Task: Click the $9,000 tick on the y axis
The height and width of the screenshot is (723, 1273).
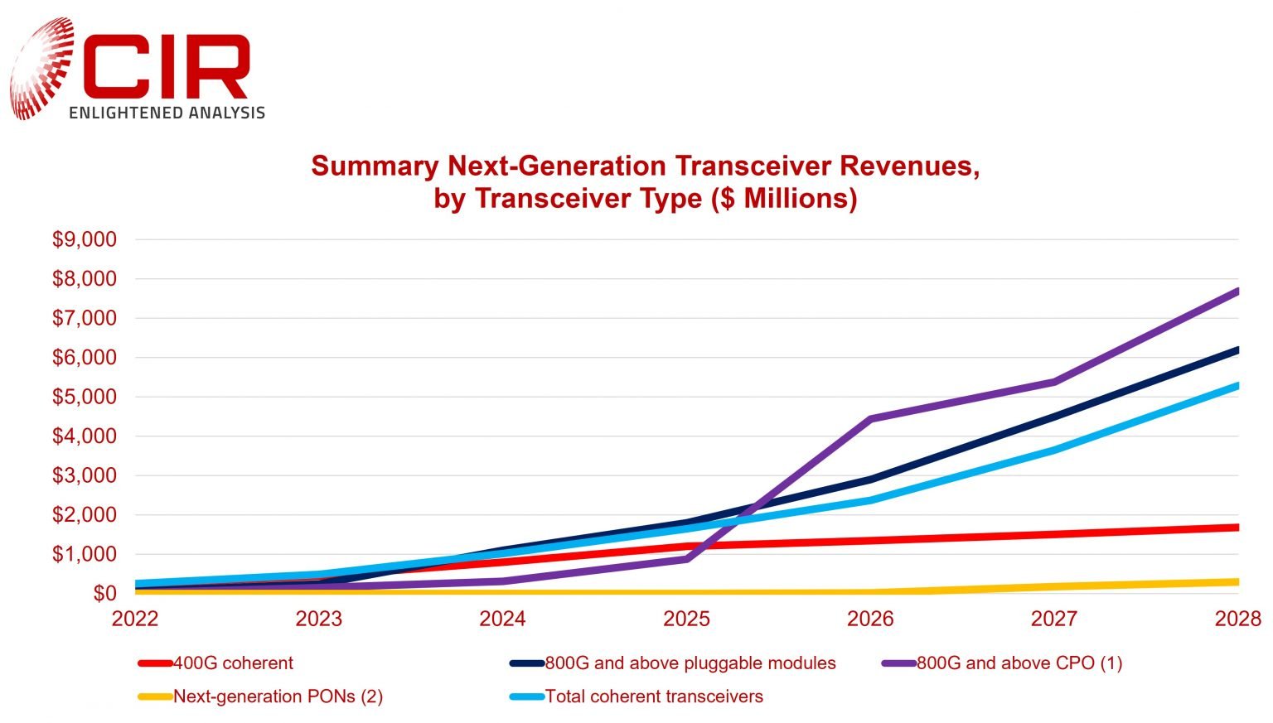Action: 85,239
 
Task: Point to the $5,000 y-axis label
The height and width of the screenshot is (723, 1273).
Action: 85,397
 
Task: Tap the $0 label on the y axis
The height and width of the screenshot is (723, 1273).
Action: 104,593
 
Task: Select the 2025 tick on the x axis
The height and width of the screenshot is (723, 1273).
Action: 686,619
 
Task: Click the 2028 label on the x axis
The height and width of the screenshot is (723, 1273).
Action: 1237,619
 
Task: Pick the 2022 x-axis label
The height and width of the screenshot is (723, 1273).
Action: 135,619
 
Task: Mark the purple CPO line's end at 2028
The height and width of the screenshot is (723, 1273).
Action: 1237,292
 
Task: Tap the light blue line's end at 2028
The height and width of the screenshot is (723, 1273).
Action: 1237,386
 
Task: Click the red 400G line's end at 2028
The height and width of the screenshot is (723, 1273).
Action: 1237,528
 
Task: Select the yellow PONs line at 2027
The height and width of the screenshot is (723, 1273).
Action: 1053,586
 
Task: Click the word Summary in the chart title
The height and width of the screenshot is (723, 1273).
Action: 375,166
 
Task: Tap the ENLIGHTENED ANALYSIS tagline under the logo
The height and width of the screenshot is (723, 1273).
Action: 167,113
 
